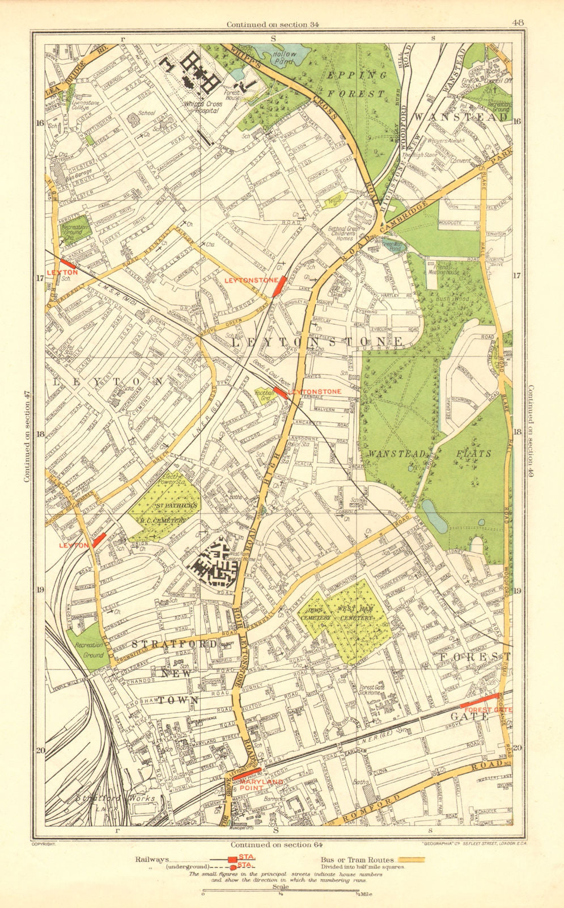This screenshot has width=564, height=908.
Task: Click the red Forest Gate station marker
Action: pos(479,700)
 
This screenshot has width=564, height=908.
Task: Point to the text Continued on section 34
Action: pos(273,24)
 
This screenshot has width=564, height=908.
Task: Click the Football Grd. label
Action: pos(264,394)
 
